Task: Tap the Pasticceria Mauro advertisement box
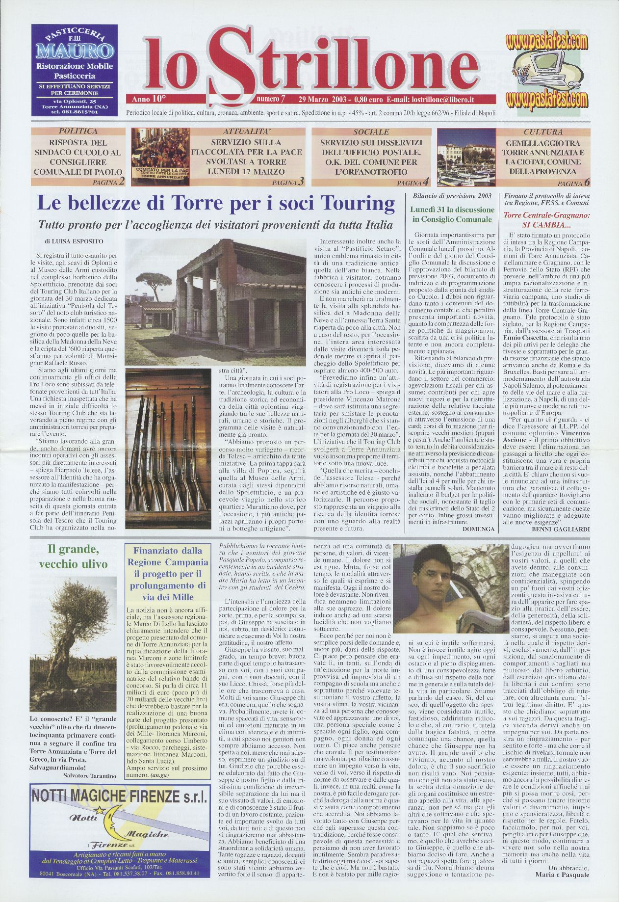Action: (x=75, y=70)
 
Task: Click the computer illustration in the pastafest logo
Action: (x=545, y=70)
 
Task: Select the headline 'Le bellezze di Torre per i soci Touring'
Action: (x=216, y=204)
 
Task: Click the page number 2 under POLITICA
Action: (x=121, y=182)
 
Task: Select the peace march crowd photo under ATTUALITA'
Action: (x=160, y=157)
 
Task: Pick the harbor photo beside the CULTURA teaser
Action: (x=465, y=157)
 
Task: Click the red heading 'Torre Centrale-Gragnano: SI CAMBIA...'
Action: (x=546, y=220)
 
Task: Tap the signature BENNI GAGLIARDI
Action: (x=560, y=529)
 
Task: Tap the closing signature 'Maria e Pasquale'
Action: (x=562, y=875)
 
